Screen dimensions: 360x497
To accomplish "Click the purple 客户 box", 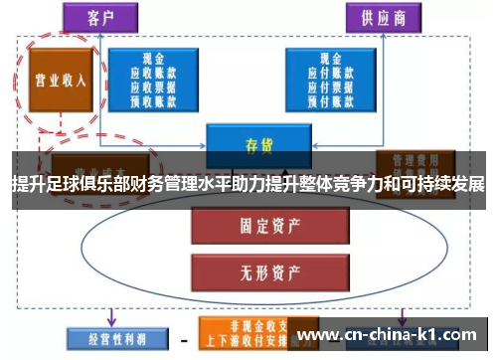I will tap(96, 16).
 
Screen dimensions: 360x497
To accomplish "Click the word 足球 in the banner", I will tap(63, 185).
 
